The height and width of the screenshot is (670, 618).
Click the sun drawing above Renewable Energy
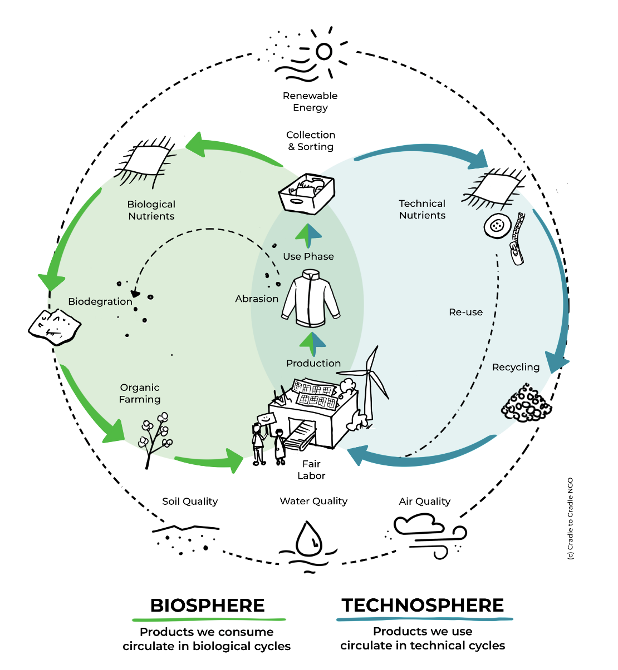point(323,52)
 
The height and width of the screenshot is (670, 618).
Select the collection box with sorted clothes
point(306,194)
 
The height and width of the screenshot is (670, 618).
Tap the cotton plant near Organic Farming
point(155,436)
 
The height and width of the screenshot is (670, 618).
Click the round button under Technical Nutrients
point(497,226)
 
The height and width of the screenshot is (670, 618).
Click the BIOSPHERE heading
point(208,605)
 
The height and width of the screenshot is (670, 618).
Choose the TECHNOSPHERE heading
point(423,605)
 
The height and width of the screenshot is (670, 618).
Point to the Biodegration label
point(100,301)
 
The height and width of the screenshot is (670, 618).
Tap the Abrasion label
point(257,299)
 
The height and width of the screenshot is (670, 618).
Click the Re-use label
point(466,312)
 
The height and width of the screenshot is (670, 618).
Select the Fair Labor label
point(311,469)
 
